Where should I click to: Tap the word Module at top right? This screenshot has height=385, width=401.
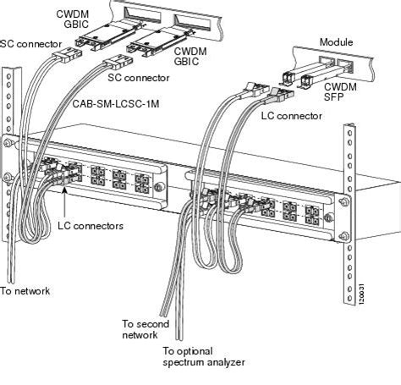(336, 42)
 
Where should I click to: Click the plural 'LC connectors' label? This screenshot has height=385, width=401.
(91, 226)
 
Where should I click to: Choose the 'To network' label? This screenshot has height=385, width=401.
(25, 291)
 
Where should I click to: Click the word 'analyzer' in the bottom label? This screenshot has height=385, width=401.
(226, 362)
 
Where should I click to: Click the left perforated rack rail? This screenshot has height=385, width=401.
(9, 169)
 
